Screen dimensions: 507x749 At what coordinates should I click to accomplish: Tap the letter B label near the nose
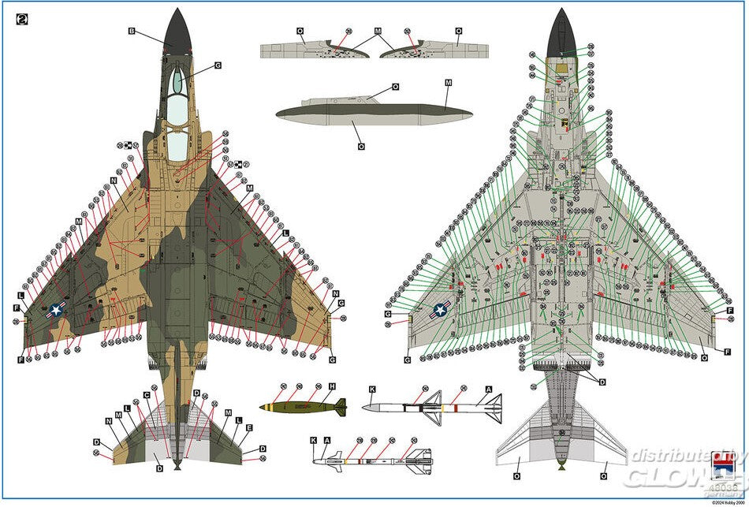click(x=132, y=32)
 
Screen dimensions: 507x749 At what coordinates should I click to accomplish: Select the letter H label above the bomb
click(x=332, y=386)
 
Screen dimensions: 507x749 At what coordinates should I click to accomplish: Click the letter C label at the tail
click(x=147, y=394)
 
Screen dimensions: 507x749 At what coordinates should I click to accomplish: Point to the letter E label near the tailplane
click(x=249, y=428)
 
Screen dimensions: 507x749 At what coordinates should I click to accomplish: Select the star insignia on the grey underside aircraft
click(x=440, y=310)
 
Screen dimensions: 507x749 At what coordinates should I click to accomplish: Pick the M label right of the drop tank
click(x=448, y=82)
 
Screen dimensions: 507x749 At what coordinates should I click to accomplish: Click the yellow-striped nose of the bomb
click(x=266, y=407)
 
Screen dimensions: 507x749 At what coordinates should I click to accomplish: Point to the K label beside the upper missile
click(x=371, y=390)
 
